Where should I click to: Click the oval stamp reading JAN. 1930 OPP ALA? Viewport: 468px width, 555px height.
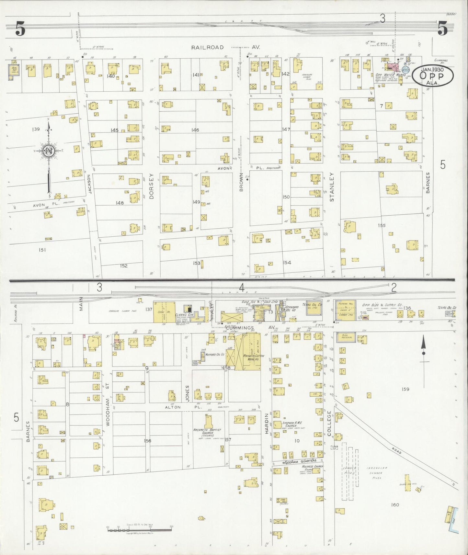pos(432,75)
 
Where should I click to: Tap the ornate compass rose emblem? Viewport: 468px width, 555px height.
pos(48,151)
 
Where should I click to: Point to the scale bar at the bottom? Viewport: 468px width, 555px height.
pos(139,529)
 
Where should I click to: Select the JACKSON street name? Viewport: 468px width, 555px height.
pos(90,184)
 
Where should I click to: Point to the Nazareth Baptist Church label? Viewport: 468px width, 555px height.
pos(207,432)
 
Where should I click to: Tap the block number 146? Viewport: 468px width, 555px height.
pos(195,130)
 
